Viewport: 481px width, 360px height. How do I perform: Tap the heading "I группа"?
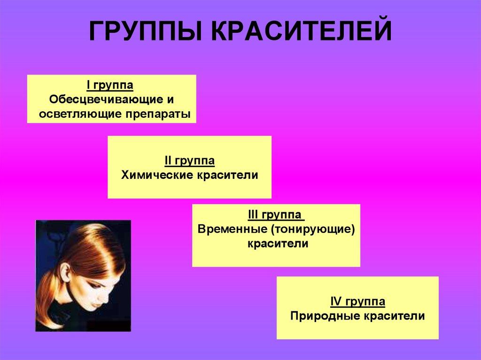pos(110,85)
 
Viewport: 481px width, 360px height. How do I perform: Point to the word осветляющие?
pos(80,114)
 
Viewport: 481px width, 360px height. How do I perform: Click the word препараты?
pos(158,115)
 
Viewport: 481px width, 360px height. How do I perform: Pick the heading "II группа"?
pos(190,161)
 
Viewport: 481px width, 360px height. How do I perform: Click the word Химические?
pos(157,175)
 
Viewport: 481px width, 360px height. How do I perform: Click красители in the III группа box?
pos(278,244)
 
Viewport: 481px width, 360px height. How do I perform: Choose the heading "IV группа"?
pos(357,302)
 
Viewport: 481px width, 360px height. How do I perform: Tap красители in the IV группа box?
pos(395,316)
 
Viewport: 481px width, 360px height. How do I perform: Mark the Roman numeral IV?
pos(336,302)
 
